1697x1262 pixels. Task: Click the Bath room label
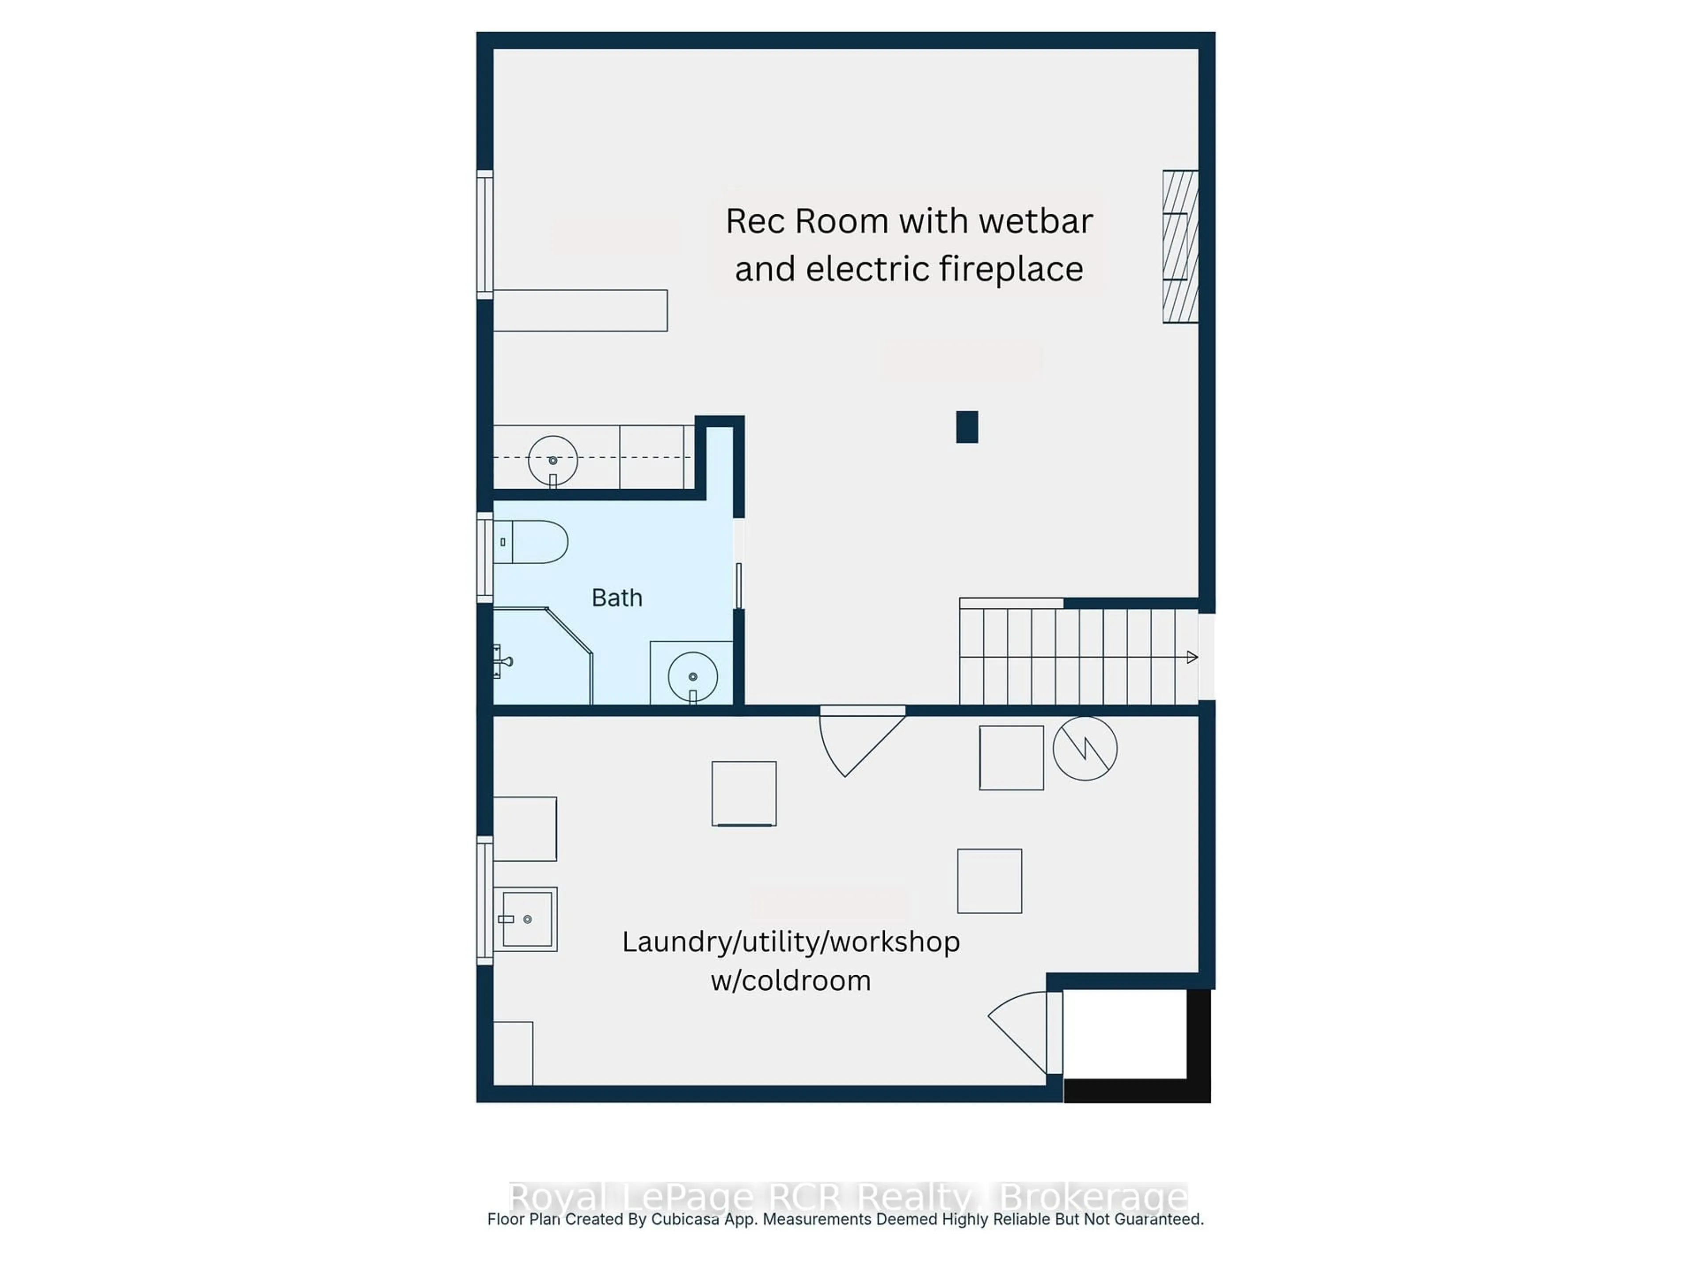pos(616,597)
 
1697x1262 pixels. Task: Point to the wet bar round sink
pos(552,460)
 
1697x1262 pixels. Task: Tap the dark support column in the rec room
pos(966,427)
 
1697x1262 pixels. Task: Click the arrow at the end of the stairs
pos(1191,657)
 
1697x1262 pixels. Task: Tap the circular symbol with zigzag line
pos(1084,749)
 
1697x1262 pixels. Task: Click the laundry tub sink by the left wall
pos(526,919)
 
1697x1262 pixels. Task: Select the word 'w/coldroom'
pos(790,981)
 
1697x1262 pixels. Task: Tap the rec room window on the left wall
pos(484,235)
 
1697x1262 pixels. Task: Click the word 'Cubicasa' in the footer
pos(685,1219)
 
